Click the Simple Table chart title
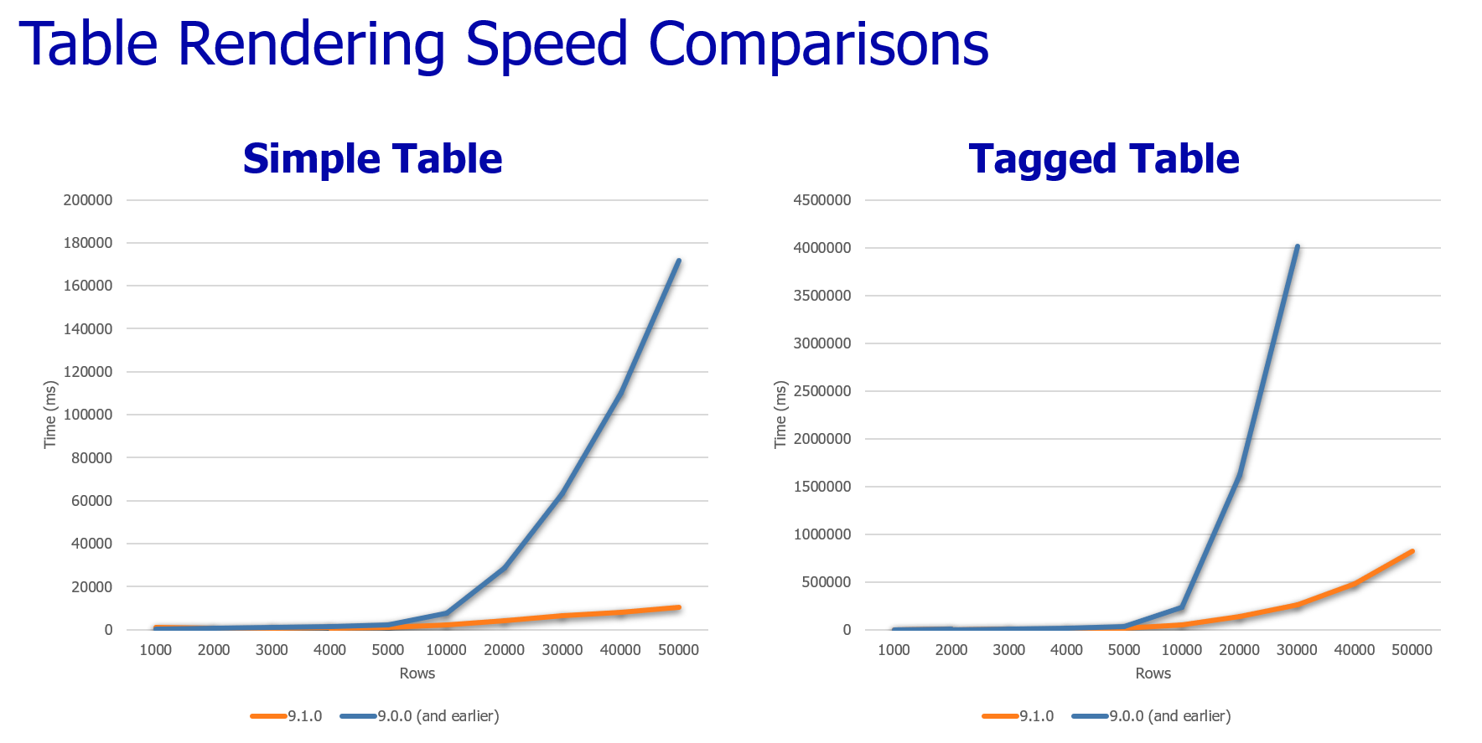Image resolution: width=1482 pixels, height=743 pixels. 372,158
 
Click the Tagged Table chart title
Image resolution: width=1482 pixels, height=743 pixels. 1103,158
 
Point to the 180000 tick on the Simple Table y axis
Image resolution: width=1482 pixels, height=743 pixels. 88,243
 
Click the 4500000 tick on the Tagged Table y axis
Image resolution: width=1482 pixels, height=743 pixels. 821,200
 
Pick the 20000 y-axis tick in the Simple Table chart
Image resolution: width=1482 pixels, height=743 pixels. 91,586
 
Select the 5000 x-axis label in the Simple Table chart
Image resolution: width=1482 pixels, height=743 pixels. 388,650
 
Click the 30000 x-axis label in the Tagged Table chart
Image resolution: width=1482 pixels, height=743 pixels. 1297,650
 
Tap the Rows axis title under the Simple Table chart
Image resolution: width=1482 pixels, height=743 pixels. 417,673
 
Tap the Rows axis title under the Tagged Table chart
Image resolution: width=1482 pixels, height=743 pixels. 1153,673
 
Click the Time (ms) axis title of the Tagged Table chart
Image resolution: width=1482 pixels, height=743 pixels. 780,415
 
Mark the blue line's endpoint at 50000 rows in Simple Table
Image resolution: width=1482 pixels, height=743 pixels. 678,261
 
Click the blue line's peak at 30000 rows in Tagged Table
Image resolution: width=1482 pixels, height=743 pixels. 1297,246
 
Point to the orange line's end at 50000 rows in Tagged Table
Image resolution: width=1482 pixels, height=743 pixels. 1412,551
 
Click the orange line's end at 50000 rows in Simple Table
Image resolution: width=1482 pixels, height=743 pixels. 678,607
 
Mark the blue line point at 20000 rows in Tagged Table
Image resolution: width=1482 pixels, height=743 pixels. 1239,475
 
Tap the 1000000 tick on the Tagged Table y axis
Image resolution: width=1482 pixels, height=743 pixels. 821,534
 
